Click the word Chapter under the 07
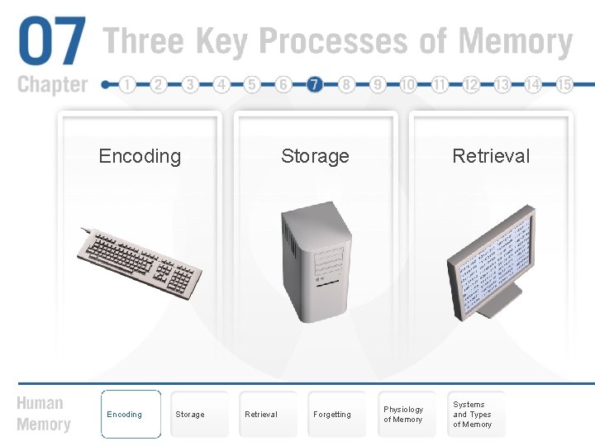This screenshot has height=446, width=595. click(52, 84)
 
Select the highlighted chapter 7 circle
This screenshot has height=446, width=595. click(314, 84)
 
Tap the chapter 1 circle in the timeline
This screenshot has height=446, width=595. click(127, 84)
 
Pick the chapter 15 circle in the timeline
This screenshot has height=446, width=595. click(565, 84)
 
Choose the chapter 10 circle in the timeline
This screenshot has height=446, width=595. click(408, 84)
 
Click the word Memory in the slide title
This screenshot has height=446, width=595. click(515, 42)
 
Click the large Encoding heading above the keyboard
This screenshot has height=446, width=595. click(140, 156)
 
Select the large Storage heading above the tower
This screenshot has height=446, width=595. click(315, 156)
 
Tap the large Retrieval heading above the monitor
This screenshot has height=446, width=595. click(491, 156)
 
